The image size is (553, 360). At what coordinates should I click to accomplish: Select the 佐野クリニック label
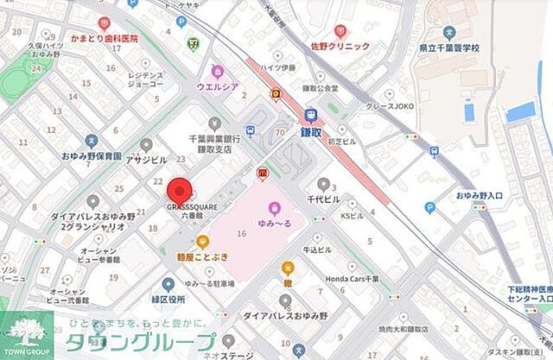click(x=340, y=46)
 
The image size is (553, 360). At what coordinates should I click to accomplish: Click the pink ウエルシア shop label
click(x=217, y=85)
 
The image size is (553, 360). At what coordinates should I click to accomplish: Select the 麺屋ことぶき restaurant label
click(x=201, y=256)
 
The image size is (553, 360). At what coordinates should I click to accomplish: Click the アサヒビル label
click(x=145, y=161)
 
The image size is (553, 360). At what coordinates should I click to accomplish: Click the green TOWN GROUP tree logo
click(x=26, y=332)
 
